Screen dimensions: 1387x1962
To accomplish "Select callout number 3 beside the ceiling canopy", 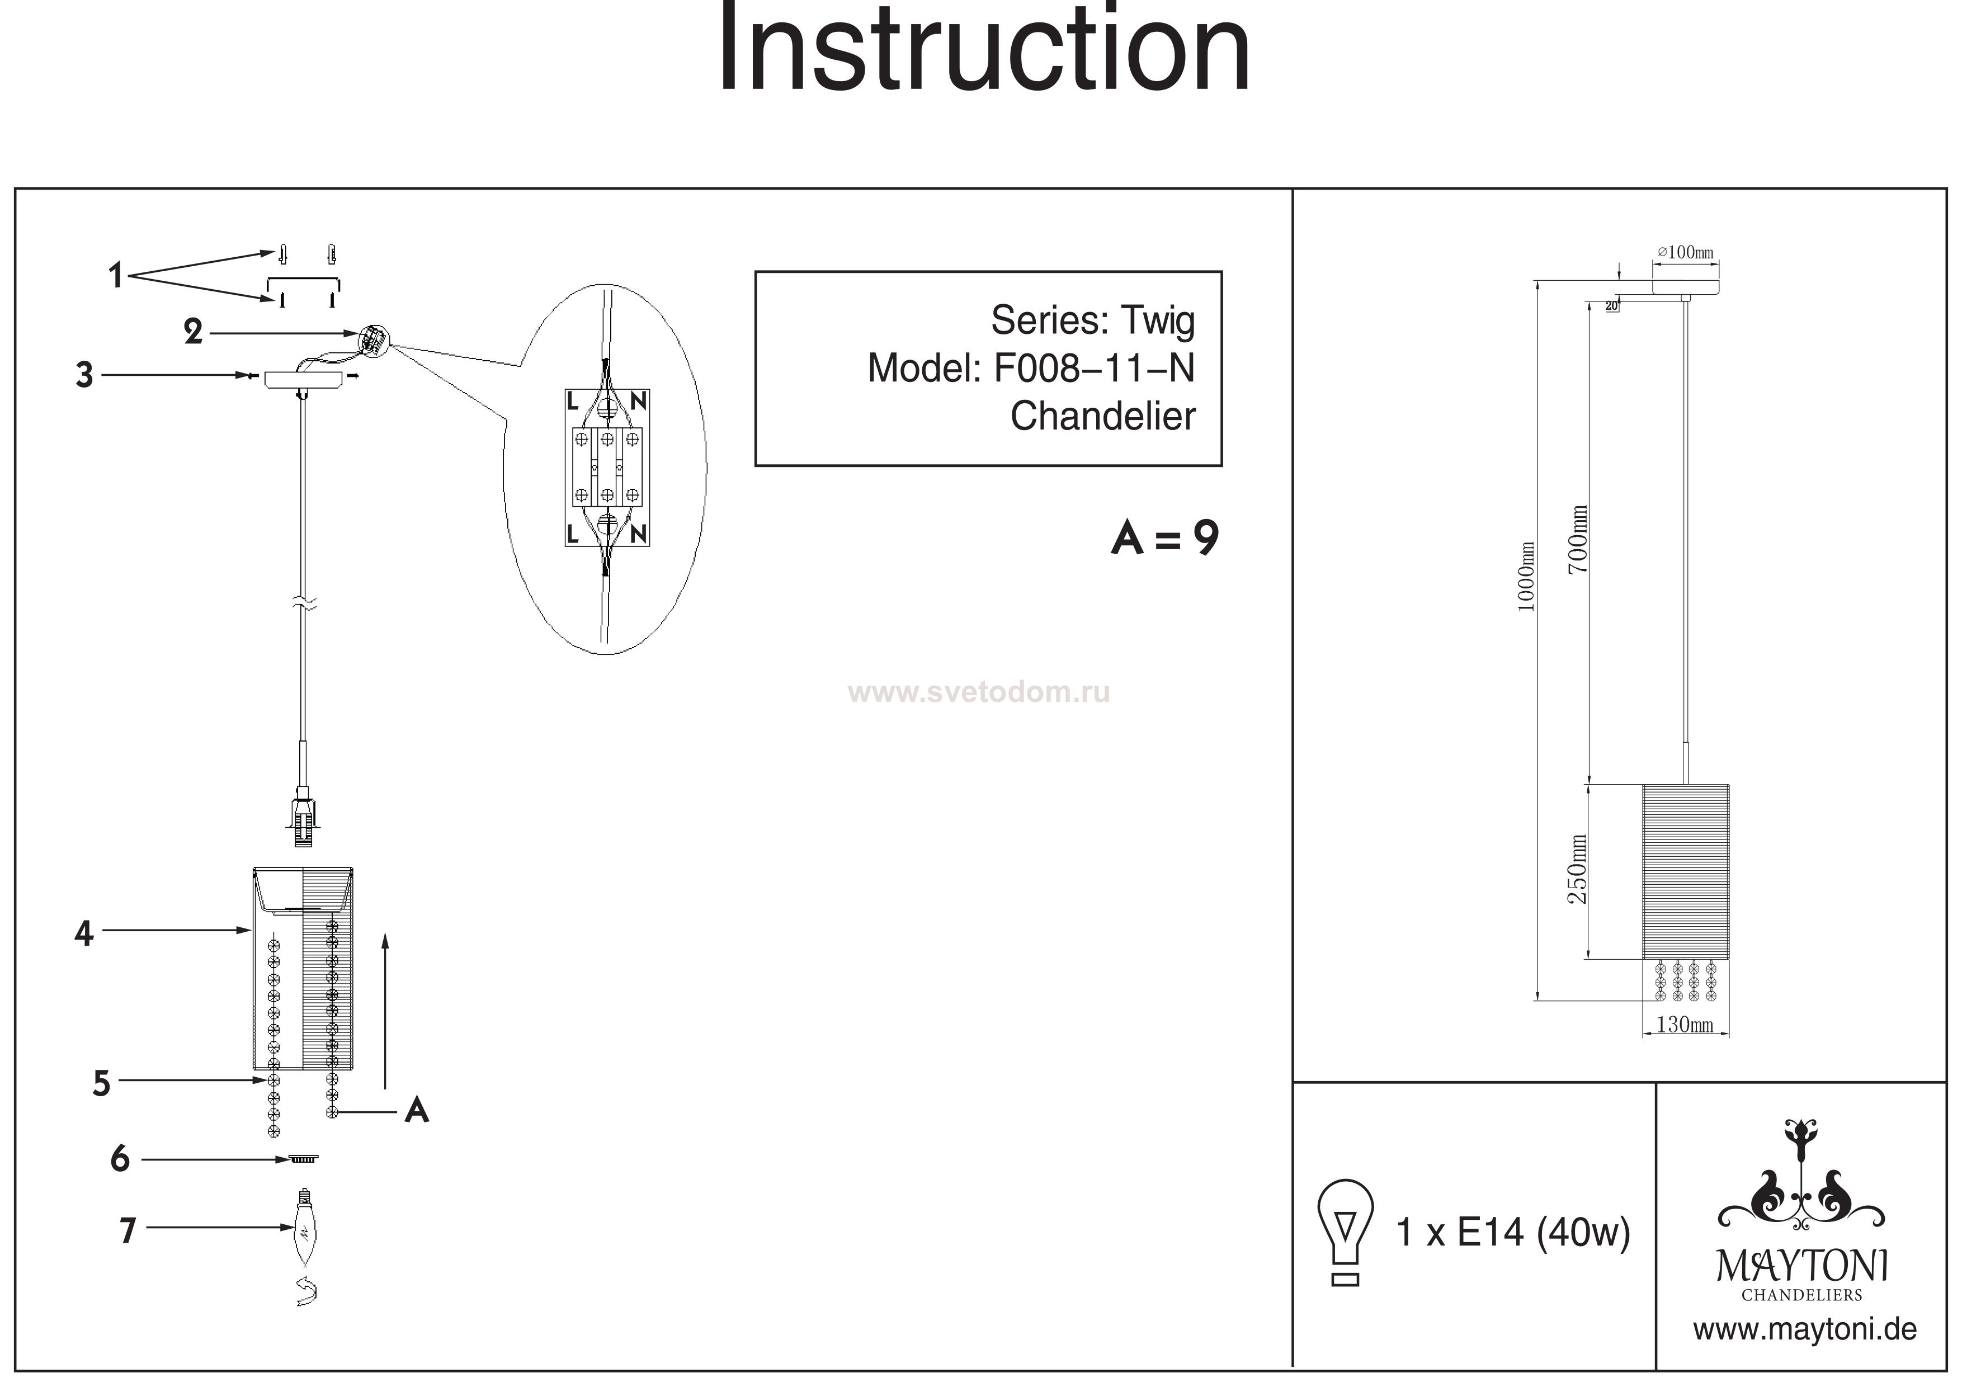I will [x=84, y=375].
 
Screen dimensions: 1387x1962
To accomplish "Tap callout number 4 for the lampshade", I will [x=84, y=933].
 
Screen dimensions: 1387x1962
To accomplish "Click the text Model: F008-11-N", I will [x=1031, y=369].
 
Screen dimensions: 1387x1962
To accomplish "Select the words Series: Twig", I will [x=1092, y=320].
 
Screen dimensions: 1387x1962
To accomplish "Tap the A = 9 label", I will [x=1164, y=539].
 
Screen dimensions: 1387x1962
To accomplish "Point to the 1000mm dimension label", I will [x=1526, y=577].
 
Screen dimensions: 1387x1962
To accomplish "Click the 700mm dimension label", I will [x=1578, y=539].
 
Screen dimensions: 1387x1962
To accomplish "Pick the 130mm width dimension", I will [x=1684, y=1025].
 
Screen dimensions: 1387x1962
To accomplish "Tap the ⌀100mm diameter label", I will [x=1685, y=252].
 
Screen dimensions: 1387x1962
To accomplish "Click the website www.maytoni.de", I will [x=1805, y=1330].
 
